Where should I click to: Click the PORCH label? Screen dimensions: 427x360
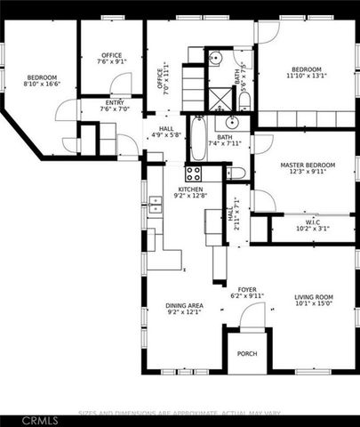click(247, 354)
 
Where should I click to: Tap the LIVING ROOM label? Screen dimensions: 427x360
click(313, 298)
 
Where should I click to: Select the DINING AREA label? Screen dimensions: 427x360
click(185, 306)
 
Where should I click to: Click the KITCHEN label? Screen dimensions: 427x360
click(190, 189)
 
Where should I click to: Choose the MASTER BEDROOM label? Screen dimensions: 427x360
click(307, 165)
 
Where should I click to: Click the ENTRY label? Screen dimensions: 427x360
click(115, 103)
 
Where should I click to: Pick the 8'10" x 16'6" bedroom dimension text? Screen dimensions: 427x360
click(42, 85)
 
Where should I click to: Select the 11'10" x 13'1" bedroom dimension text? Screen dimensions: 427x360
click(307, 76)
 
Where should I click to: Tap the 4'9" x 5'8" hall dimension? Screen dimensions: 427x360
click(166, 134)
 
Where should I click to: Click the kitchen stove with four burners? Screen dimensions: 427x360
click(194, 173)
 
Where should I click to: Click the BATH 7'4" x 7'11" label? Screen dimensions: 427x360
click(224, 141)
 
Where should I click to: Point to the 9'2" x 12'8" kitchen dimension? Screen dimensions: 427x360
click(190, 197)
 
